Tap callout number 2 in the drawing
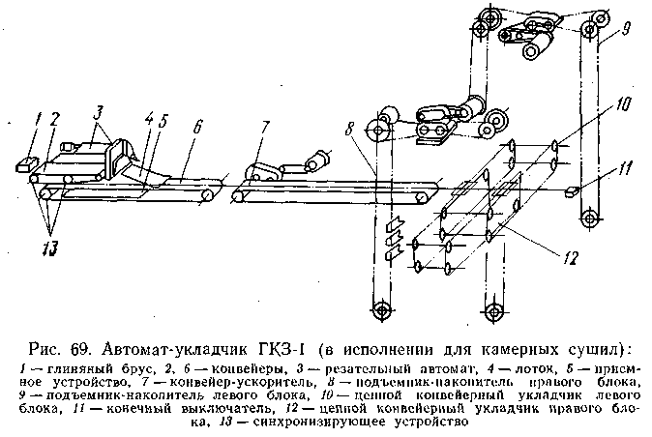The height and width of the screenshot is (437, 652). click(55, 120)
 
